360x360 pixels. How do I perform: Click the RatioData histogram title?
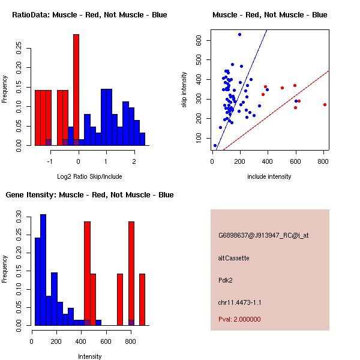(x=89, y=15)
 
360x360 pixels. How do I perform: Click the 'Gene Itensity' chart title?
(x=89, y=195)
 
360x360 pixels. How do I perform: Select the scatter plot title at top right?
(x=269, y=15)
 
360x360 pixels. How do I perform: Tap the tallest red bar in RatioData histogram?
(x=76, y=90)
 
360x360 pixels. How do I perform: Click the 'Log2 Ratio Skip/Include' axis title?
(x=89, y=176)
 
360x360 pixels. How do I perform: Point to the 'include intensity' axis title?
(x=269, y=176)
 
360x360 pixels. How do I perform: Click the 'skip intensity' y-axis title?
(x=184, y=90)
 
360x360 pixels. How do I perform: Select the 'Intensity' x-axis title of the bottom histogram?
(x=90, y=356)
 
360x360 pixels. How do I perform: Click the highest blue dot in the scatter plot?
(x=239, y=35)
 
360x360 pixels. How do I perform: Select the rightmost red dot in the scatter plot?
(x=325, y=104)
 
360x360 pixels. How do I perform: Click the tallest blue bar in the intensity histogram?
(x=43, y=269)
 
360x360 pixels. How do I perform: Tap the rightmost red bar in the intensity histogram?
(x=142, y=299)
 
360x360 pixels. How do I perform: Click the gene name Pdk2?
(x=226, y=280)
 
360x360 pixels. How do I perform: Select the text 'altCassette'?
(x=233, y=258)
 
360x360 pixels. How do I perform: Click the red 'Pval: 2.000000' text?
(x=239, y=319)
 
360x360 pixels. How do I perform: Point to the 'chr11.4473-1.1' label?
(x=239, y=302)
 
